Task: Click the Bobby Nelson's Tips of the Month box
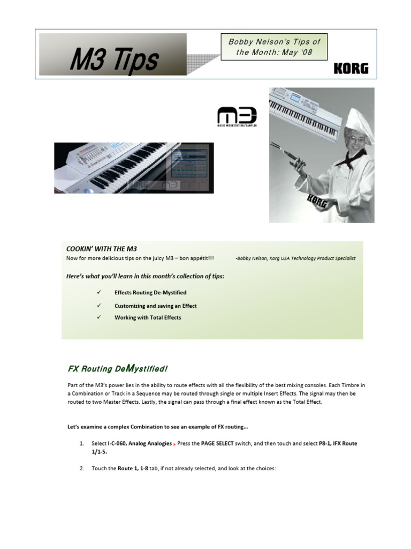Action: (274, 47)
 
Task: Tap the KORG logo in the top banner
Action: (351, 69)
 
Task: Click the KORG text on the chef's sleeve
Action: (317, 202)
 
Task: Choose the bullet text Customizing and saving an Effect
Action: (155, 306)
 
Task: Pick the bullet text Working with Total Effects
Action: (148, 317)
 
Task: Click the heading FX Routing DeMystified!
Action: (118, 368)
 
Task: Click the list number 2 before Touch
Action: (81, 468)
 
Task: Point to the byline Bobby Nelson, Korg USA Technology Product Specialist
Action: (295, 258)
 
